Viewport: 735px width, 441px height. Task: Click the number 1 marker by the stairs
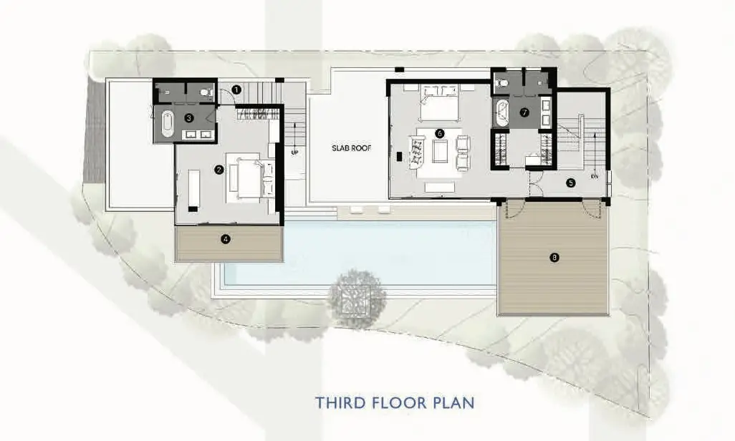(236, 89)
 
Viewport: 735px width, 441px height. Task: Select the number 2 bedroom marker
(218, 170)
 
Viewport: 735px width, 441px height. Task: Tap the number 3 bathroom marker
(189, 118)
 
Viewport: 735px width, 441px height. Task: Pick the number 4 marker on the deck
(226, 239)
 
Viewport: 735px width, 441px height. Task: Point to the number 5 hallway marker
(570, 183)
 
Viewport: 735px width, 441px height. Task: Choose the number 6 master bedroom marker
(439, 133)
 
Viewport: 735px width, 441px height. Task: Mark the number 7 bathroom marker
(524, 112)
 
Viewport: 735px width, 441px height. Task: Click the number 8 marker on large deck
(554, 257)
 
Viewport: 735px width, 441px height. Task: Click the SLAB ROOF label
(352, 148)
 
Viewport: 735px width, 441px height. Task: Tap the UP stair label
(294, 152)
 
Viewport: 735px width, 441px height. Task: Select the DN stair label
(595, 177)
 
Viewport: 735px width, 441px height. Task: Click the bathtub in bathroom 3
(168, 124)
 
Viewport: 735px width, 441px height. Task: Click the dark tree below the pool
(357, 299)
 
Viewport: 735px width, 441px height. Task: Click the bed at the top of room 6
(439, 102)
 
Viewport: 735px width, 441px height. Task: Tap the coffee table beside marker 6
(440, 151)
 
